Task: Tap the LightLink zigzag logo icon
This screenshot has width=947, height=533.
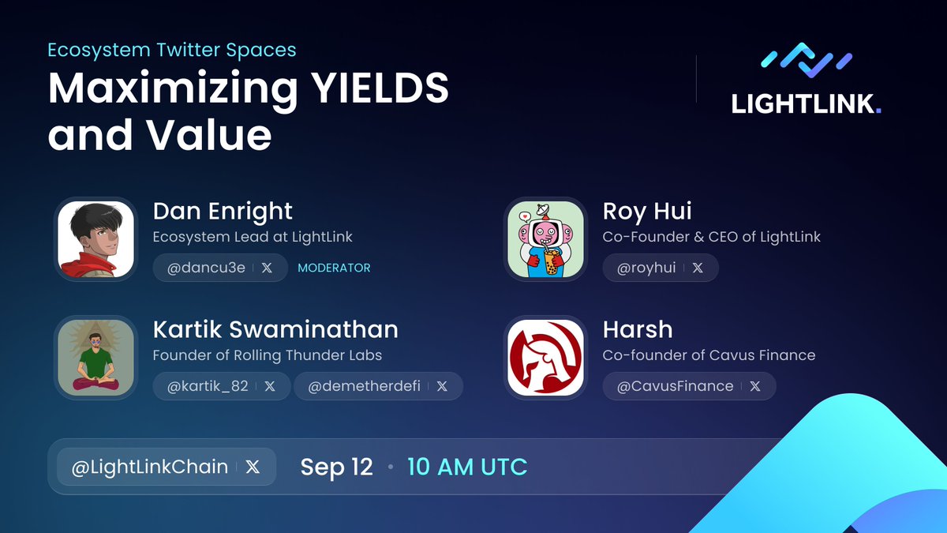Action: tap(806, 60)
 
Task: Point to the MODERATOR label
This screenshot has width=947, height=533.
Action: tap(334, 268)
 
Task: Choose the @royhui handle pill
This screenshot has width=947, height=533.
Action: tap(661, 268)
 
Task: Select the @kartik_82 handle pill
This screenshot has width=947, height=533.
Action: tap(220, 386)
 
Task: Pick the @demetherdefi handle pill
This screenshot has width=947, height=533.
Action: tap(377, 386)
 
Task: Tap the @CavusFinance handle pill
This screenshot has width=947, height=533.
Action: tap(689, 386)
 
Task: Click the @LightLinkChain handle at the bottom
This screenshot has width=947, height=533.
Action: tap(150, 467)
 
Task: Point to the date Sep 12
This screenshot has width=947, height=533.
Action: tap(336, 467)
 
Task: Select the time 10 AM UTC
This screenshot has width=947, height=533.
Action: tap(467, 467)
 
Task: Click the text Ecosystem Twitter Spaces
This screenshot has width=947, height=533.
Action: tap(172, 50)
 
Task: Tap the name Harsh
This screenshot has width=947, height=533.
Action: tap(638, 329)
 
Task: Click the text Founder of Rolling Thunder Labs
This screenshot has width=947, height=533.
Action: tap(267, 355)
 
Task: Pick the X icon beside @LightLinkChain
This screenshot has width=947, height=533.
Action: tap(253, 467)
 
